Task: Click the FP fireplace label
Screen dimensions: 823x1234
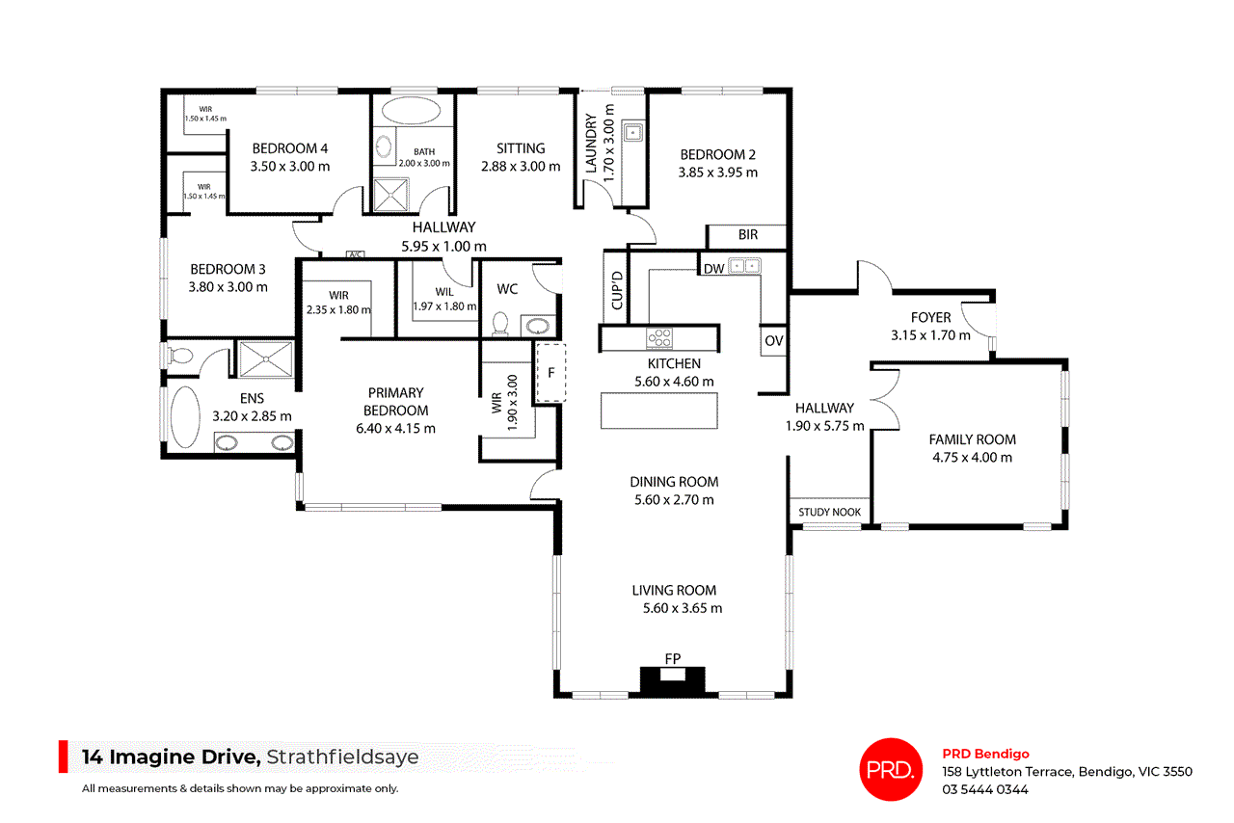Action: tap(673, 658)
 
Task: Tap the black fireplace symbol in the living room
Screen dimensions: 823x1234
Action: tap(674, 680)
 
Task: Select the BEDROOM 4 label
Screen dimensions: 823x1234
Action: tap(290, 148)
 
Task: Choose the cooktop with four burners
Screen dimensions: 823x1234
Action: tap(659, 338)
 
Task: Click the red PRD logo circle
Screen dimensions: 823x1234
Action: tap(889, 769)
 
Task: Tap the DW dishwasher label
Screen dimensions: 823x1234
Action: tap(713, 269)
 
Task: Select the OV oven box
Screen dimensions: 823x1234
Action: tap(774, 340)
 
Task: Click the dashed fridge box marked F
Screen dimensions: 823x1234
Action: tap(551, 372)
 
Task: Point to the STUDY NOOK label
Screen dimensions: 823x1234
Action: tap(830, 513)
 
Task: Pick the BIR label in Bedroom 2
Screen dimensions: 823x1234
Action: tap(748, 234)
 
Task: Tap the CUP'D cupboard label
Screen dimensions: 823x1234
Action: tap(616, 289)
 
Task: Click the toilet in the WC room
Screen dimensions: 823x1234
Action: tap(500, 323)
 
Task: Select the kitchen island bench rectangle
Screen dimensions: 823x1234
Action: tap(659, 411)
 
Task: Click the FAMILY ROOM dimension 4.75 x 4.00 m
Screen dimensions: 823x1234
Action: tap(972, 458)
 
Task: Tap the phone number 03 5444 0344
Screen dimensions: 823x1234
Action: tap(985, 789)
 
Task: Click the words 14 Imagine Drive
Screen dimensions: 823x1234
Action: tap(171, 757)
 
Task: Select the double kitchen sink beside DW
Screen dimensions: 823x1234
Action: tap(744, 266)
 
